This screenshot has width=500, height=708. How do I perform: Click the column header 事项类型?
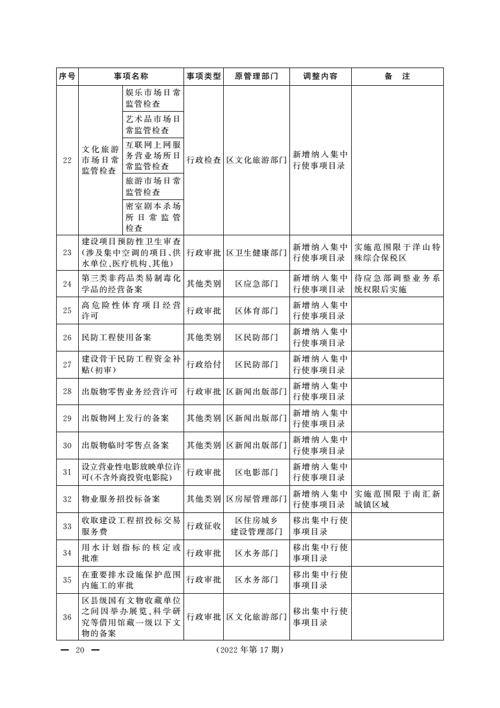[x=204, y=76]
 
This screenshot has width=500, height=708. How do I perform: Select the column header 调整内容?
[x=320, y=76]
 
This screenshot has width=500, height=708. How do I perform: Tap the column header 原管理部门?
[x=256, y=76]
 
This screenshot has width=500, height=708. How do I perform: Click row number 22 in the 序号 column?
[x=67, y=160]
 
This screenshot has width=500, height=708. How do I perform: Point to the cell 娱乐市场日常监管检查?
[x=153, y=98]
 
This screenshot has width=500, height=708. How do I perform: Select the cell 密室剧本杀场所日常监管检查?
[x=153, y=217]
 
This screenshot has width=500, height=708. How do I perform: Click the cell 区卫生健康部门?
[x=256, y=252]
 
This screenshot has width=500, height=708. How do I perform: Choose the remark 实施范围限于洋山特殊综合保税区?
[x=397, y=252]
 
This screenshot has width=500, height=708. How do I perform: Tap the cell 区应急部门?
[x=256, y=284]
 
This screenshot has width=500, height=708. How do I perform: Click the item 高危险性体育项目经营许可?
[x=131, y=310]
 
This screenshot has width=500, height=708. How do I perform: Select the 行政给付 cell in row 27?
[x=204, y=365]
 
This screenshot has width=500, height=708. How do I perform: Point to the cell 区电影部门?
[x=256, y=473]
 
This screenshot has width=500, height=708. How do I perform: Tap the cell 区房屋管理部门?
[x=256, y=499]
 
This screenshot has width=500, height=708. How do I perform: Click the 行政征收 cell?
[x=204, y=526]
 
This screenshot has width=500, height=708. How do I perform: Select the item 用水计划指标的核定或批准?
[x=131, y=553]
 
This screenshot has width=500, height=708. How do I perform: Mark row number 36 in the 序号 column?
[x=67, y=617]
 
